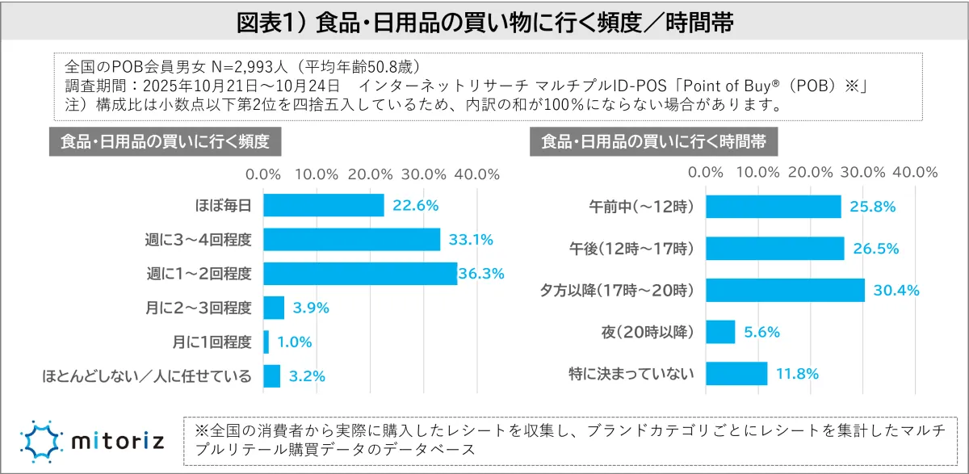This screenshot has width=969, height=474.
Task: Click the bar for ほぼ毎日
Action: click(323, 205)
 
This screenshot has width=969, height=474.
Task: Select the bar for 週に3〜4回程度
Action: click(351, 240)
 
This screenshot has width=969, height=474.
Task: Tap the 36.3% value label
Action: click(482, 274)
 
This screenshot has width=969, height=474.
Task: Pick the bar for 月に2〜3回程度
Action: click(274, 308)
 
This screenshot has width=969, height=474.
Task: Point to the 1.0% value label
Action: click(294, 342)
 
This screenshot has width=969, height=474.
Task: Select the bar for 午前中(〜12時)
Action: click(774, 206)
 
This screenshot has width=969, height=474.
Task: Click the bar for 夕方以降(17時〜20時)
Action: click(785, 290)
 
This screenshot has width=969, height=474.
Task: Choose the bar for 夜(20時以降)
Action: click(720, 332)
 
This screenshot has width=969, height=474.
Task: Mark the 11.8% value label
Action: click(798, 374)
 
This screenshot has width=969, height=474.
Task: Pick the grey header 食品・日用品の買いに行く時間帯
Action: click(654, 141)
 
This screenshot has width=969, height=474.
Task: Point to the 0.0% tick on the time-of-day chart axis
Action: click(707, 172)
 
